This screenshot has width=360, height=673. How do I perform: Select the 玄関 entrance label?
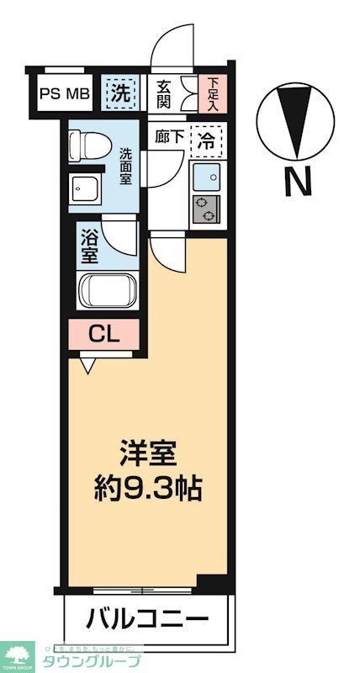(164, 93)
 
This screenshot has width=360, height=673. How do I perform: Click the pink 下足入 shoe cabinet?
(212, 93)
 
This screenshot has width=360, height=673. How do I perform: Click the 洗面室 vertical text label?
(124, 167)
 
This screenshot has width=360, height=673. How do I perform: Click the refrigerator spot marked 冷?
(205, 140)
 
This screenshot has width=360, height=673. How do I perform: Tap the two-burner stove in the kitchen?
(206, 210)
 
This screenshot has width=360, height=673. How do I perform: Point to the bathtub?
(109, 292)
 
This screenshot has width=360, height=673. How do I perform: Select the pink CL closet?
(104, 334)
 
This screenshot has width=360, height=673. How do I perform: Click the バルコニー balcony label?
(147, 621)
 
